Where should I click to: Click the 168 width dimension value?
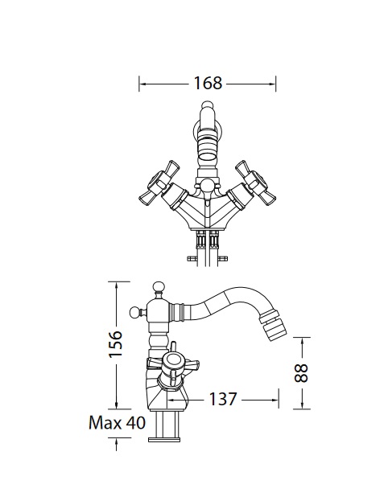(x=208, y=83)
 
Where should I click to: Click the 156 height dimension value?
(x=115, y=344)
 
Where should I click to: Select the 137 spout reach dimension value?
(x=223, y=399)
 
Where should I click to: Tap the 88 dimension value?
(x=301, y=373)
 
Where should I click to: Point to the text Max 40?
(x=117, y=423)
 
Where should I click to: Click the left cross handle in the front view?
(x=159, y=183)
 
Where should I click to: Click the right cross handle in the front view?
(x=255, y=183)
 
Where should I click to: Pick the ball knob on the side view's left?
(x=136, y=312)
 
